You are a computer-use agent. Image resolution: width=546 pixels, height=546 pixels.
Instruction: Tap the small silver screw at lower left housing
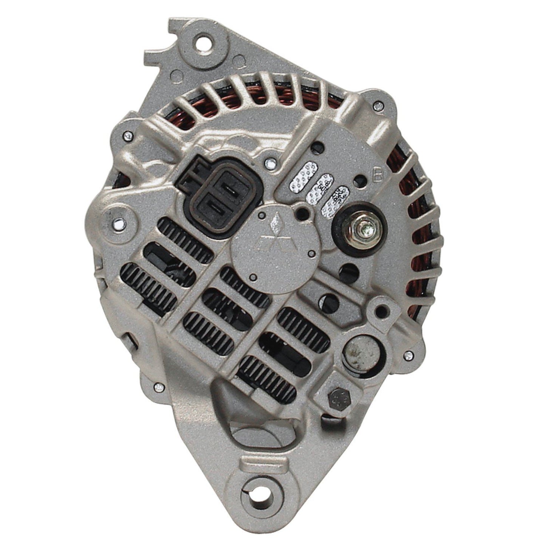coord(158,387)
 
